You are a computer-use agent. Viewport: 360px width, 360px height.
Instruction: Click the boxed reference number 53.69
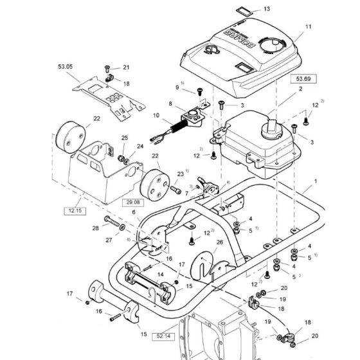pyautogui.click(x=303, y=79)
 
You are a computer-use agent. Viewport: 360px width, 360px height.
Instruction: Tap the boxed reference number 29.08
pyautogui.click(x=130, y=202)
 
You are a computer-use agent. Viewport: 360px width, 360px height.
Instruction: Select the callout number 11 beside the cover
pyautogui.click(x=307, y=27)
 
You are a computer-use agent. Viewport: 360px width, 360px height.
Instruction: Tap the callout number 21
pyautogui.click(x=126, y=67)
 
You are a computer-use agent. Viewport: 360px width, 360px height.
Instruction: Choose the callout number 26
pyautogui.click(x=219, y=242)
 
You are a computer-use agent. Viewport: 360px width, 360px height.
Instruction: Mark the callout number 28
pyautogui.click(x=95, y=228)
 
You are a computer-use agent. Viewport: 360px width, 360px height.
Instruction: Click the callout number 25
pyautogui.click(x=125, y=138)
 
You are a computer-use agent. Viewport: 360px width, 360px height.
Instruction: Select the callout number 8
pyautogui.click(x=170, y=104)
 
